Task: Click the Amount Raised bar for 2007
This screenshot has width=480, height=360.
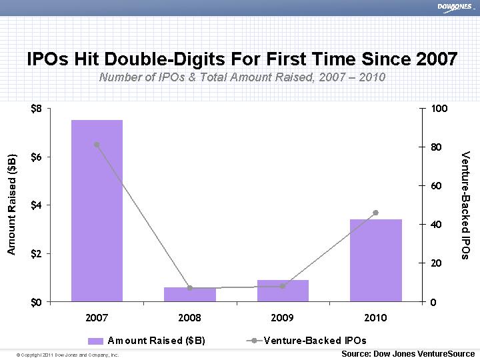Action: (97, 211)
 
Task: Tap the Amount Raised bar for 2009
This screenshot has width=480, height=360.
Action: (283, 291)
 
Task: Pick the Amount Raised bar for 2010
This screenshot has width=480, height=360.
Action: (376, 260)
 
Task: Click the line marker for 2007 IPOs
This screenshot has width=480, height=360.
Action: (97, 145)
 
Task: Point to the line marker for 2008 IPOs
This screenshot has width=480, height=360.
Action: (190, 288)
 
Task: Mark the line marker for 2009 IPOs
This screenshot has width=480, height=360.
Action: (283, 287)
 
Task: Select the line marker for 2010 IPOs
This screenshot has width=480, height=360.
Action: (376, 213)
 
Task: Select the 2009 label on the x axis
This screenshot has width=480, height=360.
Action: (283, 318)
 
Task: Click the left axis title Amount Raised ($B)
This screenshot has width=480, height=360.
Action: (11, 203)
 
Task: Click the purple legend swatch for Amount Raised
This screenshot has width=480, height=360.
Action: (96, 341)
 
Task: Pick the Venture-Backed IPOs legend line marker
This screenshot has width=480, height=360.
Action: (253, 341)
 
